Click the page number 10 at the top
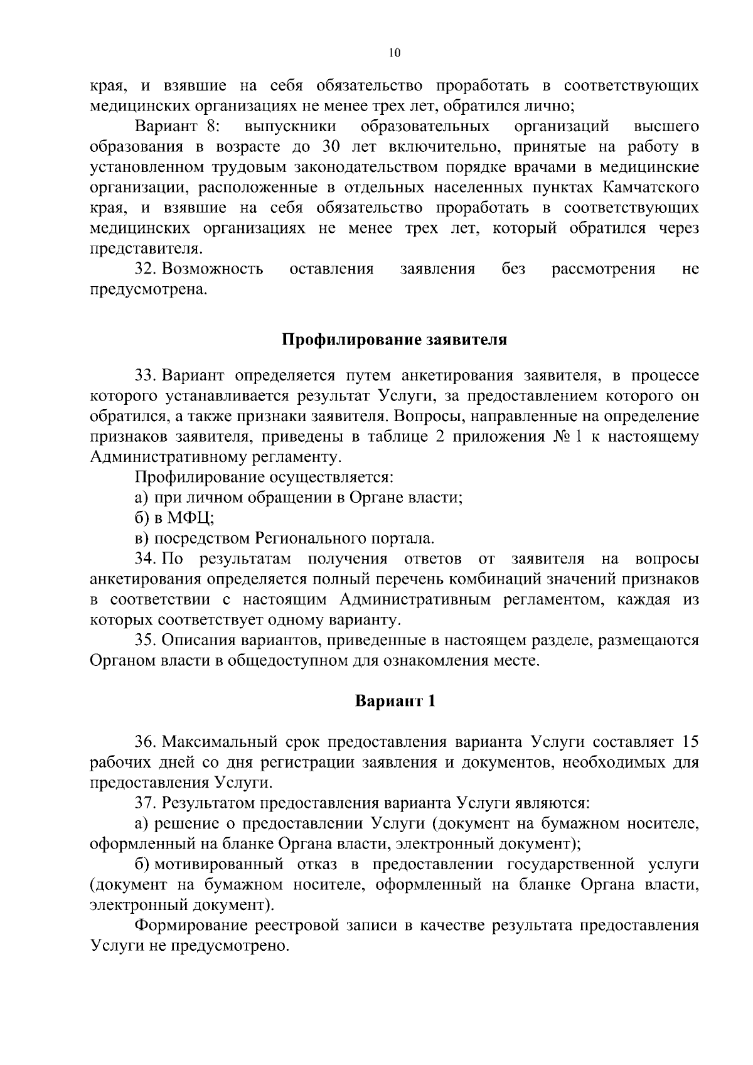tap(394, 53)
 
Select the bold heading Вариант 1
tap(395, 701)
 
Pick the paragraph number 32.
tap(146, 269)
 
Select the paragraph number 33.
tap(146, 376)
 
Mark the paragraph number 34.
tap(146, 559)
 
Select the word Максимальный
tap(218, 742)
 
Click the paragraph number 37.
tap(146, 803)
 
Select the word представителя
tap(146, 249)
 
